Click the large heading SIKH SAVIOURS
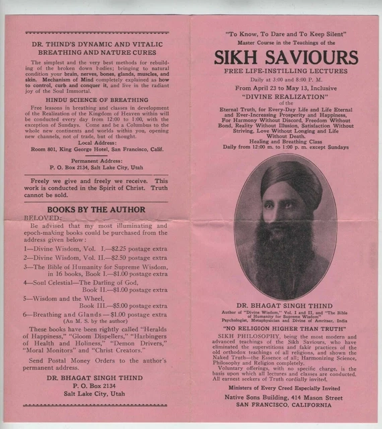click(286, 58)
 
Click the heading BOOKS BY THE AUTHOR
click(96, 210)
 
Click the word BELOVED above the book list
click(42, 218)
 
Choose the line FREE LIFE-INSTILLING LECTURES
click(286, 71)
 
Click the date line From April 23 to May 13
click(286, 88)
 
